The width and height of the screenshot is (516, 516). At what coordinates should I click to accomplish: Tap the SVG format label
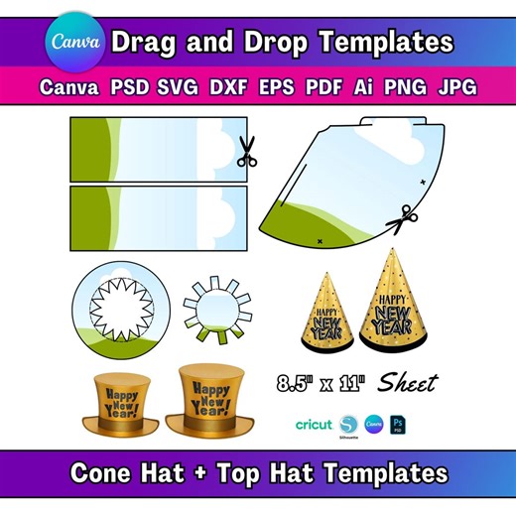coord(177,87)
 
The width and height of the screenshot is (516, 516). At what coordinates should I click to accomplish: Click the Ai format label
coord(365,87)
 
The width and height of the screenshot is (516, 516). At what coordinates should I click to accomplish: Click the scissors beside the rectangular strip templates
coord(246,152)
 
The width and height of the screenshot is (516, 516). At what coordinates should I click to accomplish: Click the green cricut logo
coord(315,424)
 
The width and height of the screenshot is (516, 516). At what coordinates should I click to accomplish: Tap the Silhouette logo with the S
coord(348,424)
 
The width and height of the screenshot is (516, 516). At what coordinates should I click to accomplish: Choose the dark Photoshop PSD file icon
coord(400,424)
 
